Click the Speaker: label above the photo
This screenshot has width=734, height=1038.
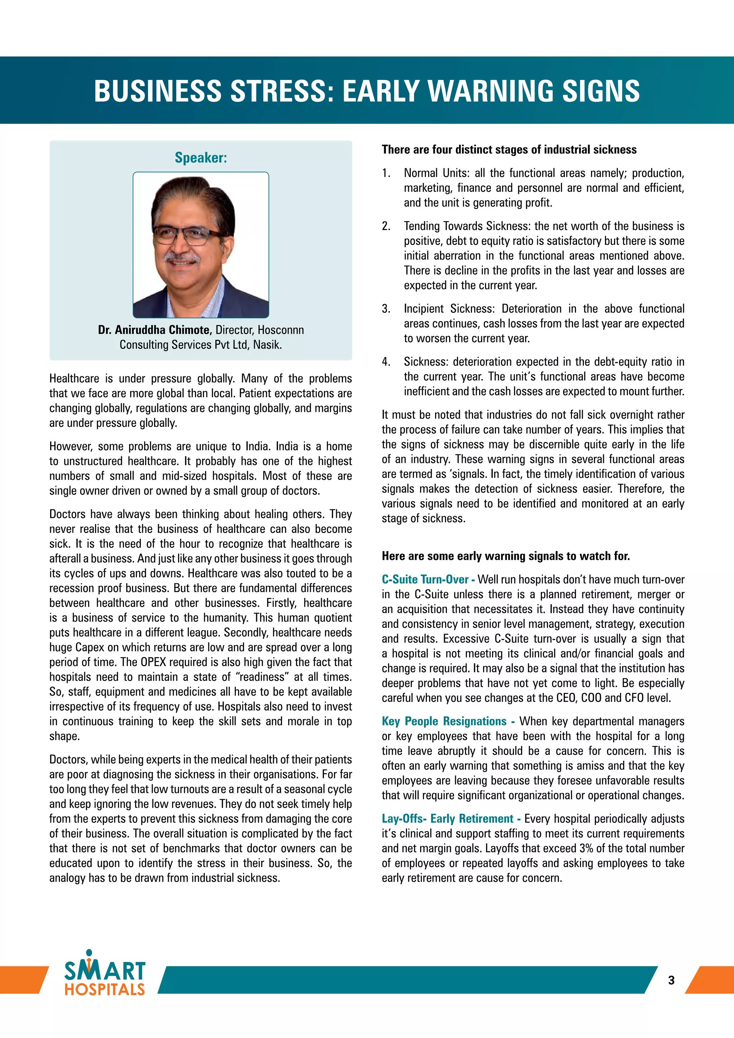click(201, 157)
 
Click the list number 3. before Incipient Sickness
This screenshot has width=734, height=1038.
click(386, 309)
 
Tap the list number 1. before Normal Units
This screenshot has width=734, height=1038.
click(386, 173)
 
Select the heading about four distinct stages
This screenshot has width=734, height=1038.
click(509, 149)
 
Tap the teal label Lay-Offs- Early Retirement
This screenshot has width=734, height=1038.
click(447, 819)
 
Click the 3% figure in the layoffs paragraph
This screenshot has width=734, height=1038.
click(586, 849)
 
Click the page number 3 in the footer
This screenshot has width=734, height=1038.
click(671, 980)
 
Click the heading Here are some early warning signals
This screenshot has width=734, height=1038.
click(505, 556)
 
